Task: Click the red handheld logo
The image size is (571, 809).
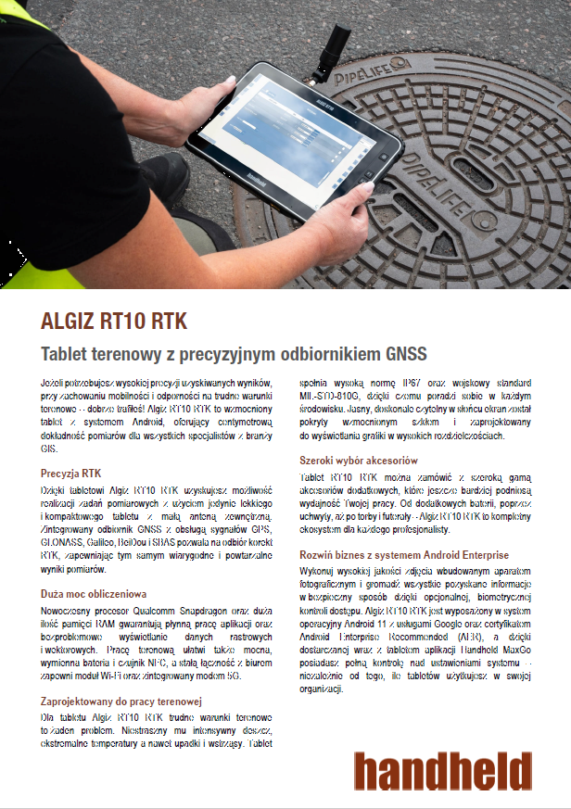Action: pos(442,770)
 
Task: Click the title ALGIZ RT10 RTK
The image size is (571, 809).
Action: pos(114,322)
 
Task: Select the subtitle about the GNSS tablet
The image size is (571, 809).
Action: pos(234,354)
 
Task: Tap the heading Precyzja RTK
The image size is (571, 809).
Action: pos(71,473)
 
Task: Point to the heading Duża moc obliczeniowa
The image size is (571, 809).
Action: pos(93,592)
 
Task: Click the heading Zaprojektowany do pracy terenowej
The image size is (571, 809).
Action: pos(121,700)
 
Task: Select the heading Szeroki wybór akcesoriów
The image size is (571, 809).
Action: pos(359,461)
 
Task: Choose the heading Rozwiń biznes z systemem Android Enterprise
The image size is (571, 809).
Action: pos(404,554)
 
